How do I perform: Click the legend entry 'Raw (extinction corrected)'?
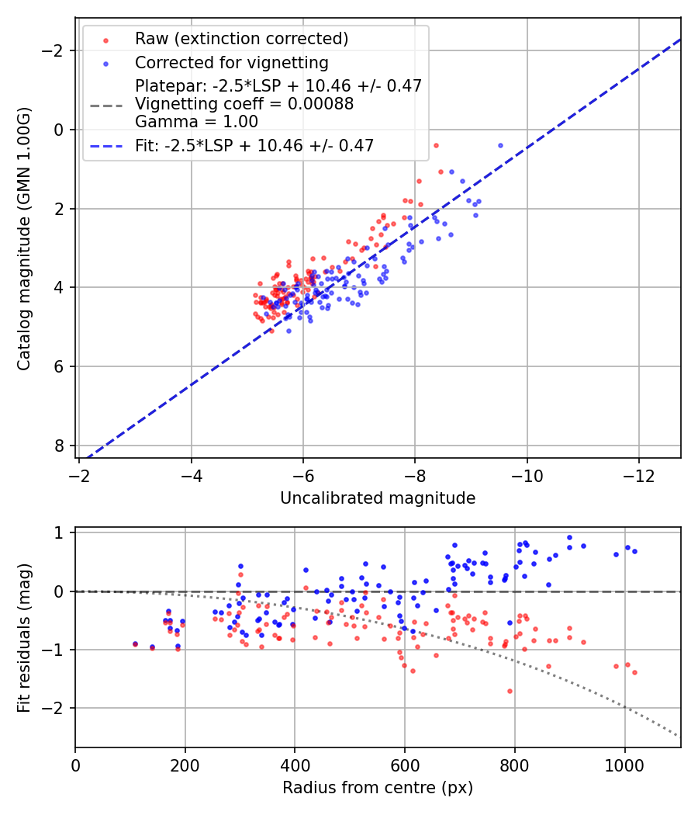pos(241,39)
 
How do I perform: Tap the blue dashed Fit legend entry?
pos(254,145)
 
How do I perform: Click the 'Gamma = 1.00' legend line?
pos(196,121)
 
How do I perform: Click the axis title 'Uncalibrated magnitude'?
pos(378,498)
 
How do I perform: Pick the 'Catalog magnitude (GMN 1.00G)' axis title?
pos(24,250)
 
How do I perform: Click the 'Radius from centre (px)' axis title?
pos(378,788)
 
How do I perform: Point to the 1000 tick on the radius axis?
pos(624,765)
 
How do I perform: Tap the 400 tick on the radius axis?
pos(295,765)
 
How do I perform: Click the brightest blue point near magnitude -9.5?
pos(500,145)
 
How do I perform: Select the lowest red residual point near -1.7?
pos(510,691)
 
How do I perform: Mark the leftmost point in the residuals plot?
pos(135,644)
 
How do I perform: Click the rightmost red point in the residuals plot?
pos(634,672)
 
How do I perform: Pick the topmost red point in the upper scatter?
pos(436,145)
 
